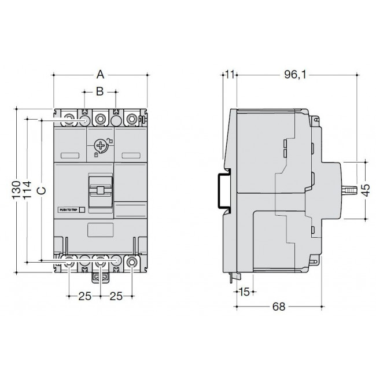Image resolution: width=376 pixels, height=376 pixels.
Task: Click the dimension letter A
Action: coord(100,73)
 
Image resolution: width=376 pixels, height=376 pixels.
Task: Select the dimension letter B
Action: coord(100,91)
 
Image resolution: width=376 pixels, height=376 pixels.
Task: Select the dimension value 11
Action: coord(230,74)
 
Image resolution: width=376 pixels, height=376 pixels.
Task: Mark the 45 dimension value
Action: coord(365,190)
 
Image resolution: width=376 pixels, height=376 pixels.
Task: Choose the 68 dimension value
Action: coord(279,308)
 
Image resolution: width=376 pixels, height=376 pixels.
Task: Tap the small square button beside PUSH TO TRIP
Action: coord(82,211)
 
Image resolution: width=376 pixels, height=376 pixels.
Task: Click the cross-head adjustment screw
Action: coord(101,145)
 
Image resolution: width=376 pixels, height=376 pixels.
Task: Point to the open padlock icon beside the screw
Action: coord(110,141)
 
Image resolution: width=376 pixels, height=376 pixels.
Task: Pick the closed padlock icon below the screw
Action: coord(95,156)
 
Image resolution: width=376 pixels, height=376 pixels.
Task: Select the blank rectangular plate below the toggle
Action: coord(100,229)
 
